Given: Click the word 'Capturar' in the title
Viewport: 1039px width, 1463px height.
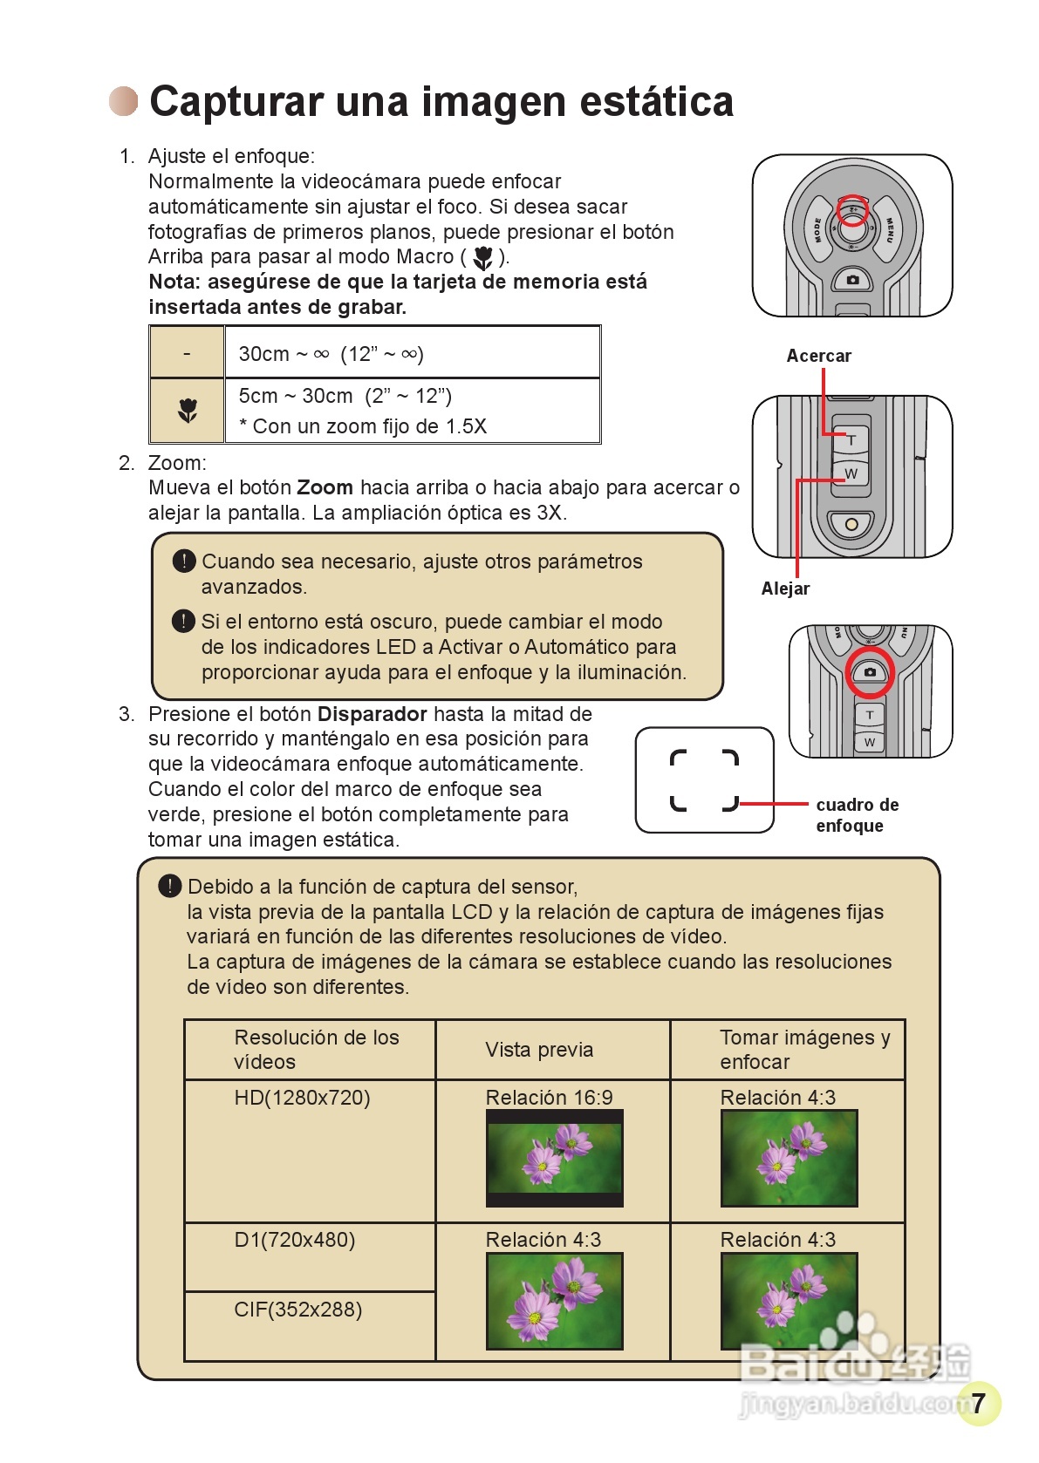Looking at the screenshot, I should tap(236, 102).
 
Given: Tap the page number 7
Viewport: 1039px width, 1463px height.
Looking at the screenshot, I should tap(978, 1402).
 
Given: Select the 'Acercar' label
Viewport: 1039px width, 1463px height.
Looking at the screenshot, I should tap(818, 356).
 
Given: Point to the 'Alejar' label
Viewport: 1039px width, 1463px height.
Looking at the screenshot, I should tap(785, 589).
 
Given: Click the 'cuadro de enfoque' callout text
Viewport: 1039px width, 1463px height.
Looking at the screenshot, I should tap(857, 814).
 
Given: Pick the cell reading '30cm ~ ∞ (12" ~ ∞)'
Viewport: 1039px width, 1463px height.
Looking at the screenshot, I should tap(332, 354).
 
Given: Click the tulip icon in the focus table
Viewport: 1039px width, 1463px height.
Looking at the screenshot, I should tap(188, 410).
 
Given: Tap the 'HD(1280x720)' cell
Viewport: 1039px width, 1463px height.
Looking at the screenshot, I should tap(302, 1098).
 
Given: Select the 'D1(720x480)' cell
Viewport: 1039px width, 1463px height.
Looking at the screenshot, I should tap(295, 1240).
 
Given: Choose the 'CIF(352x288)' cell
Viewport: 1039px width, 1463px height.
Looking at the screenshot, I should tap(297, 1310).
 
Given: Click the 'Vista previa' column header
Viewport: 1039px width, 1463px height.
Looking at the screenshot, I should tap(539, 1050).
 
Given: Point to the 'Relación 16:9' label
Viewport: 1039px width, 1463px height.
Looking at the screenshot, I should tap(549, 1098).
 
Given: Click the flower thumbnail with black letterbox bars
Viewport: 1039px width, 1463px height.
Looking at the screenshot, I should tap(554, 1159).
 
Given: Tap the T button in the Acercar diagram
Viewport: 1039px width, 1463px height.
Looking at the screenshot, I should tap(851, 440).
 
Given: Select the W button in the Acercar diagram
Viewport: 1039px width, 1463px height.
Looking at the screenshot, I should tap(851, 474).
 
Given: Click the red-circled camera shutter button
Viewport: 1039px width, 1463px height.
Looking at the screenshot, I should tap(870, 672).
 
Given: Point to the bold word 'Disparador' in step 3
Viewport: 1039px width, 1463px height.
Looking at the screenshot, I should tap(372, 714).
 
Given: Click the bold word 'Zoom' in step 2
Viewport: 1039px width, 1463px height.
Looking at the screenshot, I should tap(325, 487).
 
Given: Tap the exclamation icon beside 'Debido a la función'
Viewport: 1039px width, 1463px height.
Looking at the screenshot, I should tap(169, 887).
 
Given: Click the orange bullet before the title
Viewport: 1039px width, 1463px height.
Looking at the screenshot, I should tap(124, 101).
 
